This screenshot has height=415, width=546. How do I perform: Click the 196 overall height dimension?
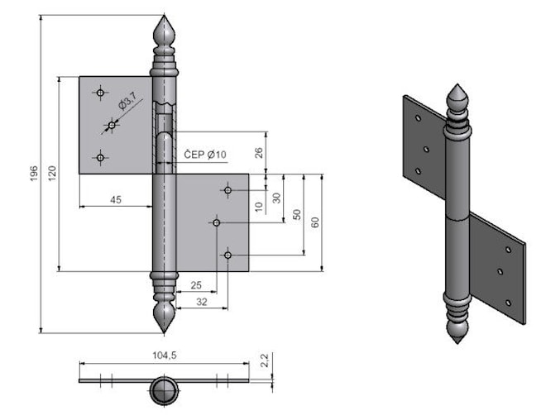[34, 174]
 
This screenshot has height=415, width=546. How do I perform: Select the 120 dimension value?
[52, 174]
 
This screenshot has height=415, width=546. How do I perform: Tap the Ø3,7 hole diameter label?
[127, 100]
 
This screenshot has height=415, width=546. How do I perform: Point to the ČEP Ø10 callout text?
[205, 154]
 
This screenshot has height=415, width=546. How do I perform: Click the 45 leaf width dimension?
[116, 200]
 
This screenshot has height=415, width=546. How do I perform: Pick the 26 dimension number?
[259, 153]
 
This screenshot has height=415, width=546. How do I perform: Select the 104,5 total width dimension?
[165, 355]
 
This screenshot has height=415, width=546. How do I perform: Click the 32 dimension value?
[202, 302]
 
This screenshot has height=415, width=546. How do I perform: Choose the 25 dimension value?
[196, 285]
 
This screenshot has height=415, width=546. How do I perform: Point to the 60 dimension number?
[315, 222]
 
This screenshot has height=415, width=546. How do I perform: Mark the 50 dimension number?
[297, 214]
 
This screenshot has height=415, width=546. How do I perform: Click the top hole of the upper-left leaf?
[100, 93]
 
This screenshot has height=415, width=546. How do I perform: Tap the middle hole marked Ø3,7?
[112, 125]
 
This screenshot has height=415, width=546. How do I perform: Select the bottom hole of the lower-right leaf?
[227, 255]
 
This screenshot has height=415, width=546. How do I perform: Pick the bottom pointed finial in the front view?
[164, 317]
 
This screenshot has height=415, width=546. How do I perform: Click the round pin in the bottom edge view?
[164, 391]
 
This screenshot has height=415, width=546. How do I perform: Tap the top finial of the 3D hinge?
[457, 97]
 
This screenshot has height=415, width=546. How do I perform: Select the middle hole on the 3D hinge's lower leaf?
[500, 272]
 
